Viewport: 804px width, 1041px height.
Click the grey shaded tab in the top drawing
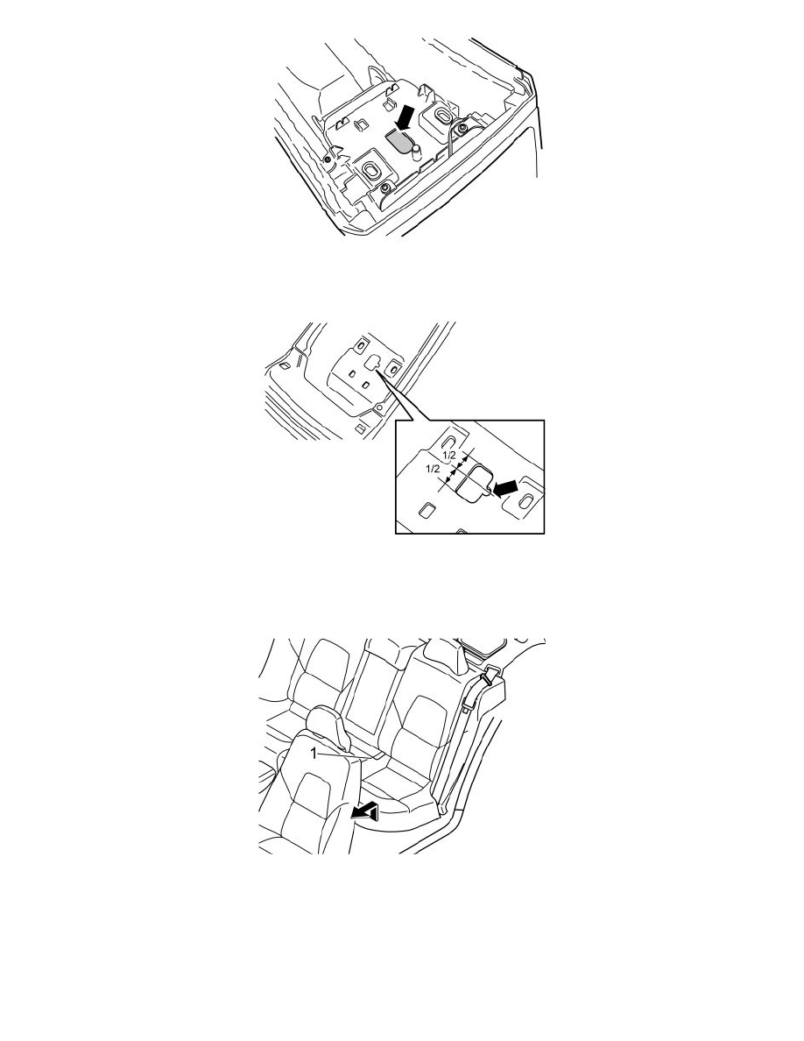(x=399, y=141)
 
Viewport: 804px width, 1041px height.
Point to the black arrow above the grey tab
(x=404, y=117)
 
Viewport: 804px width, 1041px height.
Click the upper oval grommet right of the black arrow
(x=441, y=116)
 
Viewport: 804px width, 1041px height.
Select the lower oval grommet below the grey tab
(x=370, y=168)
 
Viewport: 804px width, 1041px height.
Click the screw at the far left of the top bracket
(x=328, y=158)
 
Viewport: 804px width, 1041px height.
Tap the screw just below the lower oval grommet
(x=384, y=191)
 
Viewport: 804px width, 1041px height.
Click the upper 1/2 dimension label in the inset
(x=449, y=456)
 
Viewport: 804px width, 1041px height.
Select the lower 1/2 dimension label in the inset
(x=433, y=469)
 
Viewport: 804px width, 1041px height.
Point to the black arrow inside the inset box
(x=504, y=488)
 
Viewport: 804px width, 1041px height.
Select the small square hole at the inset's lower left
(x=426, y=510)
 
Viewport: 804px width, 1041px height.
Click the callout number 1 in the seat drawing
(x=314, y=753)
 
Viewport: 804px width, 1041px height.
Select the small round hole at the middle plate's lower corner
(x=378, y=407)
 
